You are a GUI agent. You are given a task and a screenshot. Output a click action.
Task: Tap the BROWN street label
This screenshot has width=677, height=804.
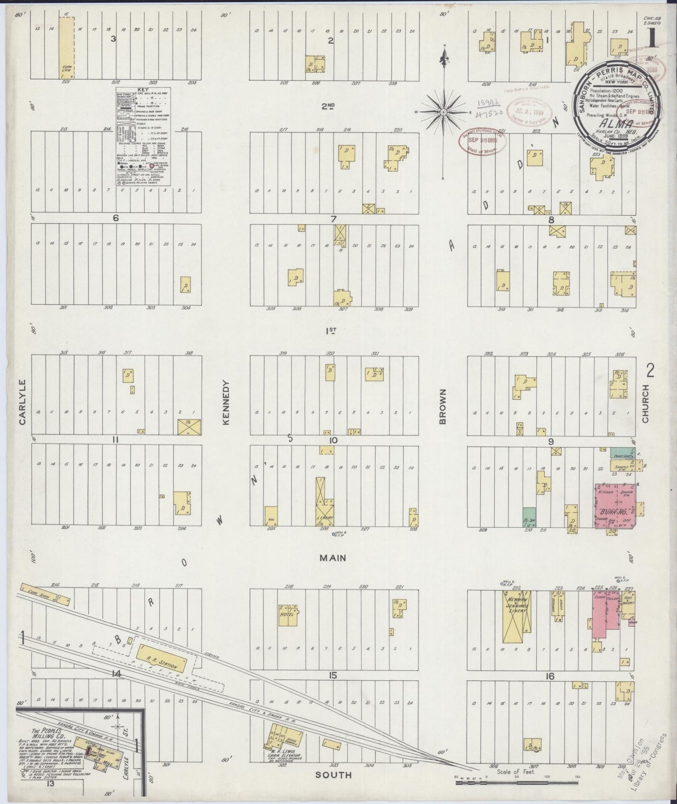point(442,406)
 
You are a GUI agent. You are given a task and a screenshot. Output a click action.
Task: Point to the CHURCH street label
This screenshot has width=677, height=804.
point(646,403)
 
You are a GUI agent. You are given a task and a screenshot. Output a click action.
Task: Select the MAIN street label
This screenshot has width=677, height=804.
point(333,558)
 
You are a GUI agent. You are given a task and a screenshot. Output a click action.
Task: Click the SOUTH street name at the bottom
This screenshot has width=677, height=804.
point(333,775)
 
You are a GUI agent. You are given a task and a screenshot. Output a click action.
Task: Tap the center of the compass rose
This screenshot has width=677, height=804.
point(443,113)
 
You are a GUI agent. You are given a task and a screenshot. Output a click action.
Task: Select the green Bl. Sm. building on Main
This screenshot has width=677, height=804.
point(529,517)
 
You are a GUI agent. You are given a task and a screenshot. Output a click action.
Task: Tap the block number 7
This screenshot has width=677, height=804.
point(333,219)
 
